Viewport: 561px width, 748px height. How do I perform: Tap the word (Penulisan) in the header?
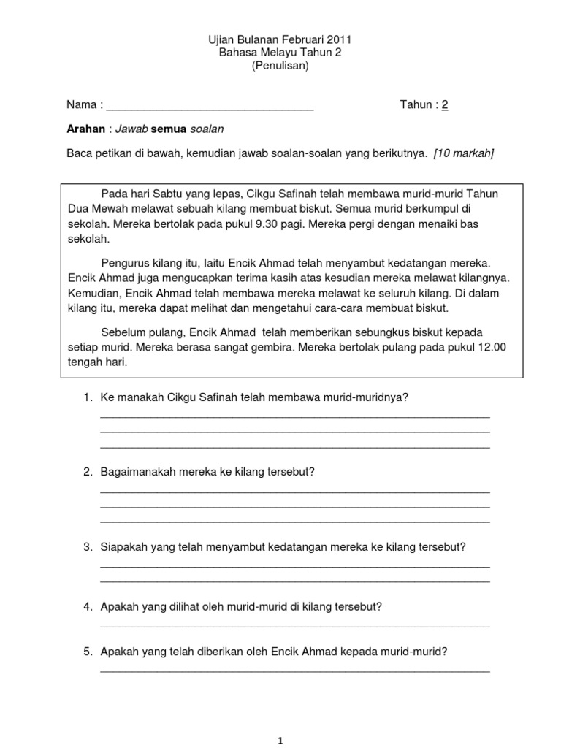click(x=280, y=66)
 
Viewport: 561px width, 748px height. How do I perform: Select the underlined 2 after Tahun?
click(x=444, y=104)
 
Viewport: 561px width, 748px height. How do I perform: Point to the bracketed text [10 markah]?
click(x=464, y=153)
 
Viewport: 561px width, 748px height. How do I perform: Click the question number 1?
click(x=87, y=397)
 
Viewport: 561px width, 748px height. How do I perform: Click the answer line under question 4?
click(x=294, y=626)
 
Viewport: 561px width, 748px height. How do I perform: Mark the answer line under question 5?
click(x=294, y=671)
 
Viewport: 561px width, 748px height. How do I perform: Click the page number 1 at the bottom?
click(x=280, y=740)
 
